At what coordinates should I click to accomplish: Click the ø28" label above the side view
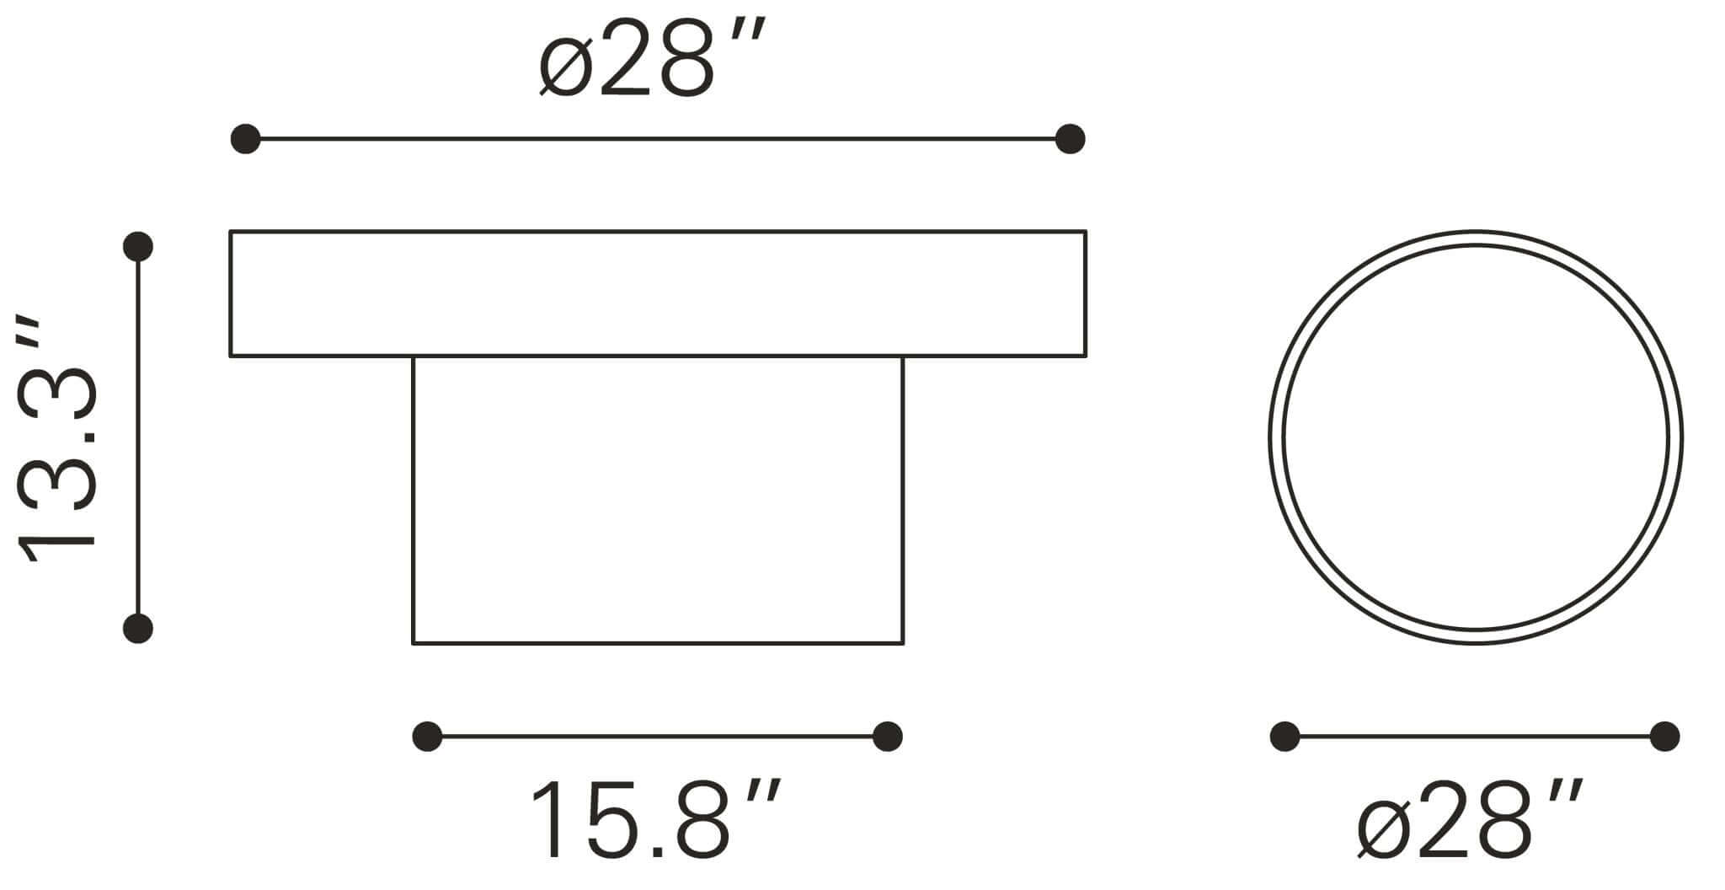[x=650, y=60]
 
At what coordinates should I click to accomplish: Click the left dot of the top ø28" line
[x=245, y=139]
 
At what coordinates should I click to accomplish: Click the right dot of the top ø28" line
[x=1070, y=139]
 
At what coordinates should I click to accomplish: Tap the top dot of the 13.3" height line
[x=137, y=246]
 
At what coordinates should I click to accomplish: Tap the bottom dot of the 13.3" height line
[x=137, y=629]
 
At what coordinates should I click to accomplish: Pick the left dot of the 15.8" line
[x=427, y=737]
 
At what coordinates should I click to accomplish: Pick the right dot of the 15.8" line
[x=888, y=737]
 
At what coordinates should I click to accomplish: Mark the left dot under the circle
[x=1284, y=737]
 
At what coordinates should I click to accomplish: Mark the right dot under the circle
[x=1665, y=737]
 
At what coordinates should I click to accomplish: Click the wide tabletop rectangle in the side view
[x=657, y=293]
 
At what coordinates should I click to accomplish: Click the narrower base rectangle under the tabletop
[x=657, y=501]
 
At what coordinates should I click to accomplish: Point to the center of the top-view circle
[x=1475, y=437]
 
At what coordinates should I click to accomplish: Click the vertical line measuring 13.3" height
[x=137, y=438]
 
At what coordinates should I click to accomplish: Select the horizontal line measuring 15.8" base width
[x=657, y=737]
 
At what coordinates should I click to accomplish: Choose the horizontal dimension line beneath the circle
[x=1474, y=737]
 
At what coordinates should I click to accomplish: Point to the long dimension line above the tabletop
[x=657, y=139]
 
